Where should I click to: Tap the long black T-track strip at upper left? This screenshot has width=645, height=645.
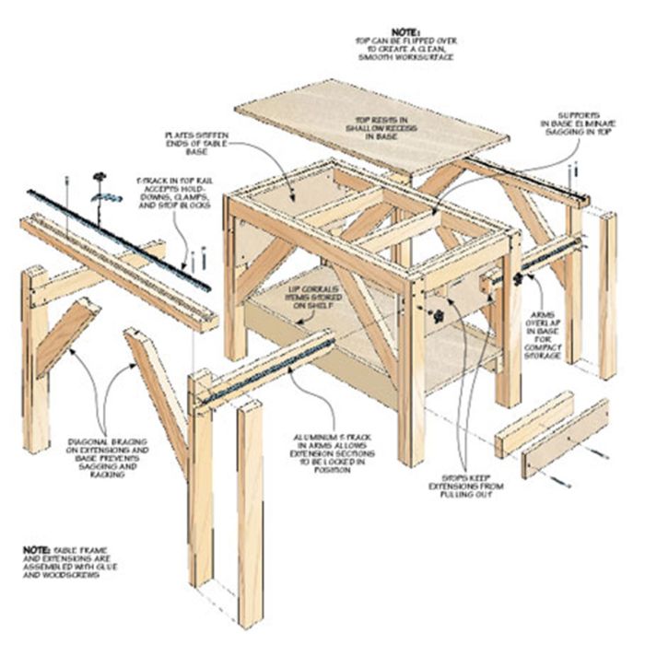tap(120, 241)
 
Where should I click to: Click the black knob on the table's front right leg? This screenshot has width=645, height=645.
tap(440, 317)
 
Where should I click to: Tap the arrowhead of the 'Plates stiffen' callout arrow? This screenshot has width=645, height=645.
tap(293, 200)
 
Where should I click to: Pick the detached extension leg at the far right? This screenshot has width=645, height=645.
tap(607, 295)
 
